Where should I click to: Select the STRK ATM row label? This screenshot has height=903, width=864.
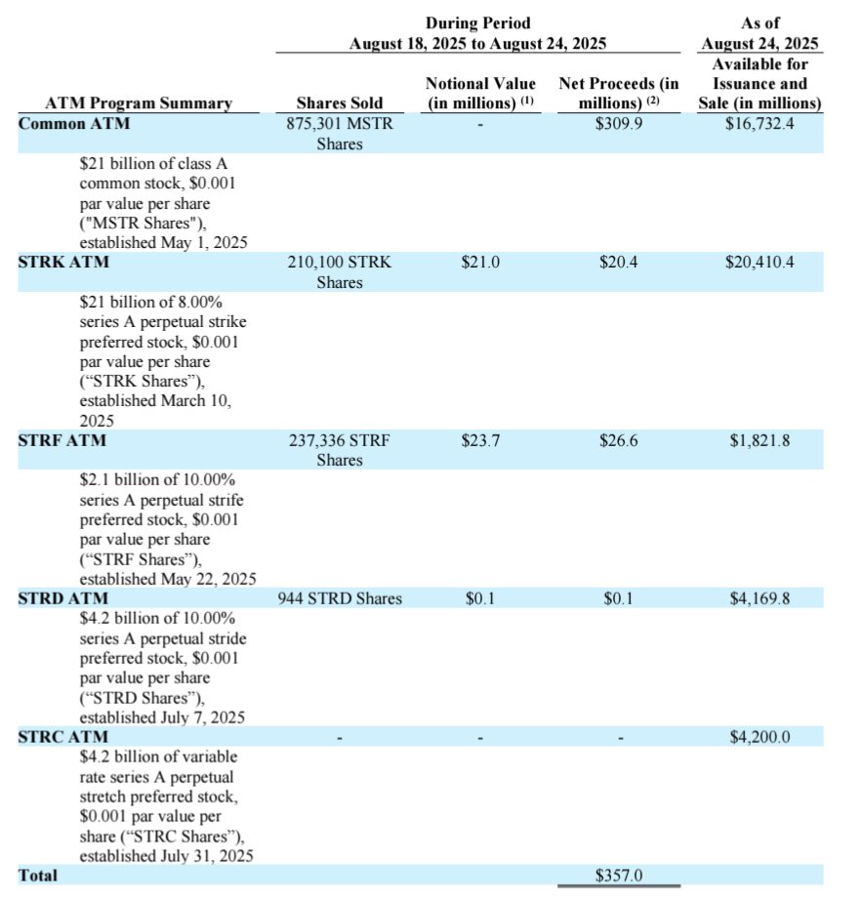tap(63, 263)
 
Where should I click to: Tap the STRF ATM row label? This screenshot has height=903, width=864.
tap(62, 440)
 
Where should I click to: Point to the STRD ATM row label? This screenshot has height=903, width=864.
tap(63, 598)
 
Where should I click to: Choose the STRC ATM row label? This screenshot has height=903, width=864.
tap(63, 737)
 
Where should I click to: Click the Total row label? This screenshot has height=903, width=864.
tap(38, 875)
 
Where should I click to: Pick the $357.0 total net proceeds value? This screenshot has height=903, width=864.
tap(618, 875)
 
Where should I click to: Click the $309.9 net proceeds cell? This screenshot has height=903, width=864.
tap(618, 124)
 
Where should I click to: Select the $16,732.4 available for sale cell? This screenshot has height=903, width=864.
tap(761, 124)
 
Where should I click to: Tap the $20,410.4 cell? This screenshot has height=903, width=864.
tap(761, 263)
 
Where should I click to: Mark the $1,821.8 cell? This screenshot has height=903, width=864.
tap(761, 440)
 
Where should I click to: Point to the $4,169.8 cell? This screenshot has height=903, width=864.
tap(761, 598)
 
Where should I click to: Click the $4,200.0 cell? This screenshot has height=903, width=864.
tap(761, 737)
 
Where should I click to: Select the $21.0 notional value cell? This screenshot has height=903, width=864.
tap(480, 263)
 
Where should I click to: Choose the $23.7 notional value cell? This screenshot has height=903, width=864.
tap(480, 440)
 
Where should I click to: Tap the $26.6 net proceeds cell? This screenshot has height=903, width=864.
tap(618, 440)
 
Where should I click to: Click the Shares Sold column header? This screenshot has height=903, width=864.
tap(340, 103)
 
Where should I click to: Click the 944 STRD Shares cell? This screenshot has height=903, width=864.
tap(340, 598)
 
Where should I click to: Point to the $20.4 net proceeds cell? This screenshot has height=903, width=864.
tap(618, 263)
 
